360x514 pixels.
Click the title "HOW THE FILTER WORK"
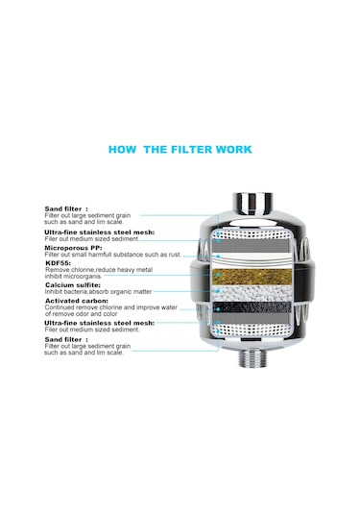180,150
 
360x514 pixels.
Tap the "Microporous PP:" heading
73,248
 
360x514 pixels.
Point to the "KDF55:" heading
58,263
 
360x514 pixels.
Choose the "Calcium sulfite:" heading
73,285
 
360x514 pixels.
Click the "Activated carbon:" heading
77,301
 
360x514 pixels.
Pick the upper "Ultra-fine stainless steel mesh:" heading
100,233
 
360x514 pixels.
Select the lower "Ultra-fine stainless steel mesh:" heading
100,323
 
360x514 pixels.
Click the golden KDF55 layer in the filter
252,277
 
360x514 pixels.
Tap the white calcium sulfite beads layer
252,293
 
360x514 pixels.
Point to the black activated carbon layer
252,307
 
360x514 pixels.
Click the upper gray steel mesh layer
252,245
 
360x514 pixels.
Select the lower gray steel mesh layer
252,317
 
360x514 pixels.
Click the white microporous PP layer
252,259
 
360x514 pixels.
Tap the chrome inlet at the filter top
252,204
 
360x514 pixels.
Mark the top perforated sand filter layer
252,233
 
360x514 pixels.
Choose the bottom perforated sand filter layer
252,330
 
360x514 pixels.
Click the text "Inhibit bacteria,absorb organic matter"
98,291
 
